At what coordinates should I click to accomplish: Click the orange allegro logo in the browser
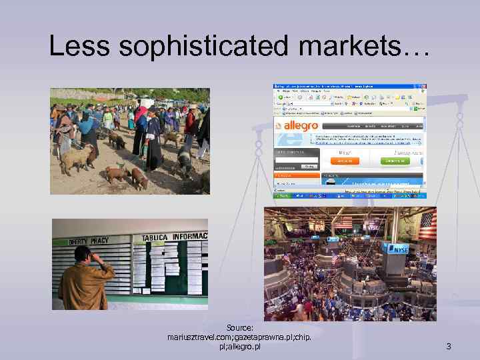pos(302,125)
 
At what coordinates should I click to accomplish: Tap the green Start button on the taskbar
pos(280,195)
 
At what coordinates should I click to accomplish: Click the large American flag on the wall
pos(427,225)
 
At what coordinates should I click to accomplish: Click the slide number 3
pos(449,346)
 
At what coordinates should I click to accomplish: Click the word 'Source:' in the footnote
pos(239,328)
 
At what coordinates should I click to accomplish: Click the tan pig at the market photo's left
pos(75,158)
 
